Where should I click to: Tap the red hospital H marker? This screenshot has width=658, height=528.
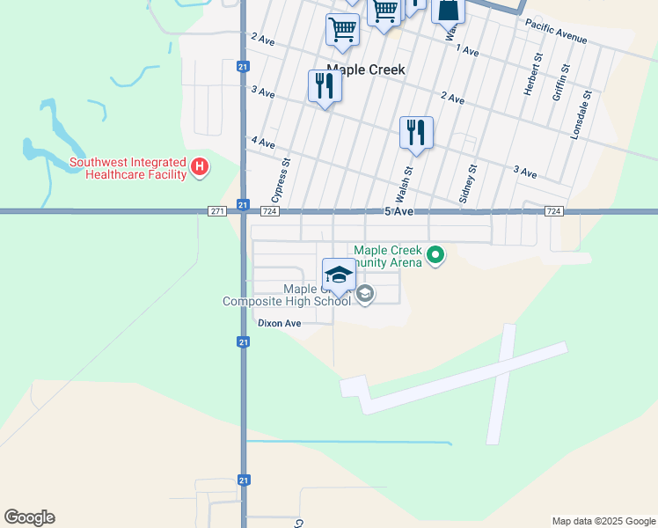(x=200, y=166)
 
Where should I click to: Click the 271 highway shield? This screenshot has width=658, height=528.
(x=218, y=211)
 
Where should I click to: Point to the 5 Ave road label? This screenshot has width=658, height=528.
(x=398, y=212)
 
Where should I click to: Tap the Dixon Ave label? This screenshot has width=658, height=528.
(x=280, y=323)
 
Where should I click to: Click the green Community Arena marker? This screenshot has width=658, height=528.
(x=435, y=257)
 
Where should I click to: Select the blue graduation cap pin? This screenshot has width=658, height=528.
(x=339, y=274)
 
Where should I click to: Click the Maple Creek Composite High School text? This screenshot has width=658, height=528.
(x=287, y=296)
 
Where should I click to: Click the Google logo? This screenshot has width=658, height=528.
(x=29, y=517)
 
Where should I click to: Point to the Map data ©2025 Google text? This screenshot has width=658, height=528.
(x=603, y=521)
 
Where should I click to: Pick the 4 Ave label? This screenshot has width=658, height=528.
(x=263, y=143)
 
